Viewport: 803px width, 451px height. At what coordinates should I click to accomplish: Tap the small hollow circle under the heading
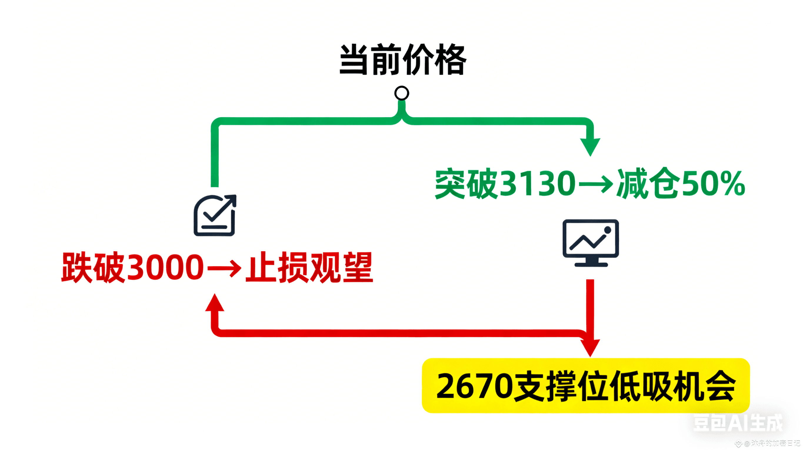tap(401, 93)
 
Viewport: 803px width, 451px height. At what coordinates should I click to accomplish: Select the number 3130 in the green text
tap(538, 183)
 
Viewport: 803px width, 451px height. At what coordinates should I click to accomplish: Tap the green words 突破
tap(466, 183)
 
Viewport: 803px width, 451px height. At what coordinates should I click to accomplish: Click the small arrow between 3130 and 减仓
tap(595, 184)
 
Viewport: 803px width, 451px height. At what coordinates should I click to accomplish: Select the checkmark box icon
tap(215, 215)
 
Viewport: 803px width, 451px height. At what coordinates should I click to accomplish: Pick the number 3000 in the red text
tap(165, 267)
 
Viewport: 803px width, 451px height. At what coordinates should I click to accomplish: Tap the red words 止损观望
tap(309, 267)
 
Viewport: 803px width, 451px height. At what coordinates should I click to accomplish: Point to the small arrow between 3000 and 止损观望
tap(224, 268)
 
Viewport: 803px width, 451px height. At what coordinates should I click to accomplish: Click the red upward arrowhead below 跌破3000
tap(215, 303)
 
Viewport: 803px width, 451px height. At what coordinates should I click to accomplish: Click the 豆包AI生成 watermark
tap(737, 423)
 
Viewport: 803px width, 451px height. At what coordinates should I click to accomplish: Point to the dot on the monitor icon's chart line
tap(608, 230)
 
